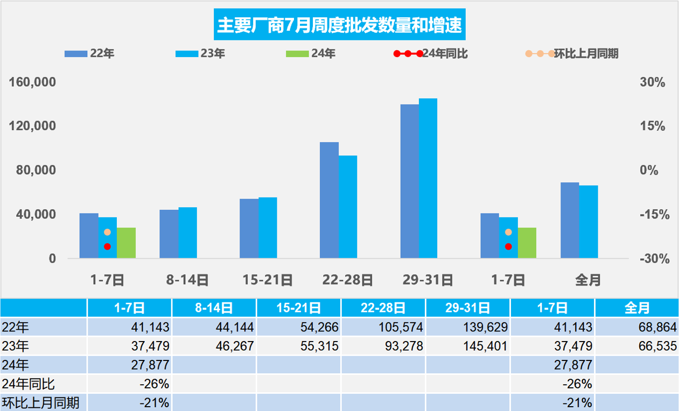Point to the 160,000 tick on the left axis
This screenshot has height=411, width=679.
(33, 82)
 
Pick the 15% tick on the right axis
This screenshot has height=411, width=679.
(652, 126)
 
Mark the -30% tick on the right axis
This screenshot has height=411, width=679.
(654, 259)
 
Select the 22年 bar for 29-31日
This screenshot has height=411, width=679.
(410, 181)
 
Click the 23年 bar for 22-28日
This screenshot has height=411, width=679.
(348, 207)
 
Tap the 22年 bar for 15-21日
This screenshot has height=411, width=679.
(249, 229)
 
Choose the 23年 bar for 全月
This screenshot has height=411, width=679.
(589, 222)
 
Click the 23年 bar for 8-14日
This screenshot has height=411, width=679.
(187, 233)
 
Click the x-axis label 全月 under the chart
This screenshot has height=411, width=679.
(588, 280)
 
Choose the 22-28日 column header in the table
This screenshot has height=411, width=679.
(383, 308)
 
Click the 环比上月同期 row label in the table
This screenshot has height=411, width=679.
(41, 402)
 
